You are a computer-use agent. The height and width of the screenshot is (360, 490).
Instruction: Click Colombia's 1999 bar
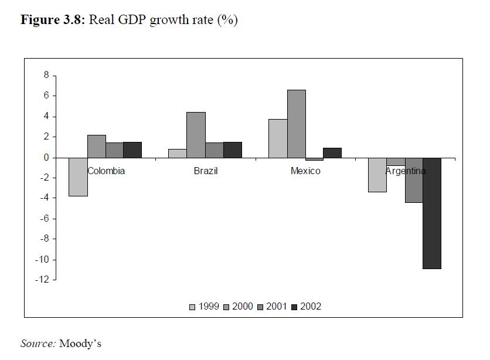click(78, 176)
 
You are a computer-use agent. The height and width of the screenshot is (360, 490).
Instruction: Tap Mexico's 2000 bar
click(296, 124)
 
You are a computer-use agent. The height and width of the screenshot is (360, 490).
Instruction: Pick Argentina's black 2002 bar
click(431, 213)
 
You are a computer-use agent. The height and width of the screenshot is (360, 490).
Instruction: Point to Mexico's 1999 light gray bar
click(278, 138)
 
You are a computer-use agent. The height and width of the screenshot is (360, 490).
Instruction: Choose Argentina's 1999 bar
click(377, 175)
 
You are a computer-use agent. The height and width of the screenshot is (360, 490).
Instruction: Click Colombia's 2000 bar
click(97, 146)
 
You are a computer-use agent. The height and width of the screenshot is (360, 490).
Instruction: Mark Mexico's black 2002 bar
click(332, 152)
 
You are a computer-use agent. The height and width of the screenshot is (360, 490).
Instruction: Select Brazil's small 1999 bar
click(178, 153)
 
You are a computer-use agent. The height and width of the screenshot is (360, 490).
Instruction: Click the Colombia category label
click(106, 171)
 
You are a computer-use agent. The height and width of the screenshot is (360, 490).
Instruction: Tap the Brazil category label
click(206, 171)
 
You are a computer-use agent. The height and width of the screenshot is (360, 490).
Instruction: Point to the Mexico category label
click(305, 171)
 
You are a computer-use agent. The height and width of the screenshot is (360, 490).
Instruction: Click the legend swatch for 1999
click(192, 307)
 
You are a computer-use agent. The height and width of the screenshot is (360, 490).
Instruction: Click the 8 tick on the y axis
click(45, 76)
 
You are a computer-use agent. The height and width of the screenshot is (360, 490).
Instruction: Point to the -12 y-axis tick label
click(41, 280)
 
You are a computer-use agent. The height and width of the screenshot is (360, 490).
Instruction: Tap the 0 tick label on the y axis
click(45, 158)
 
